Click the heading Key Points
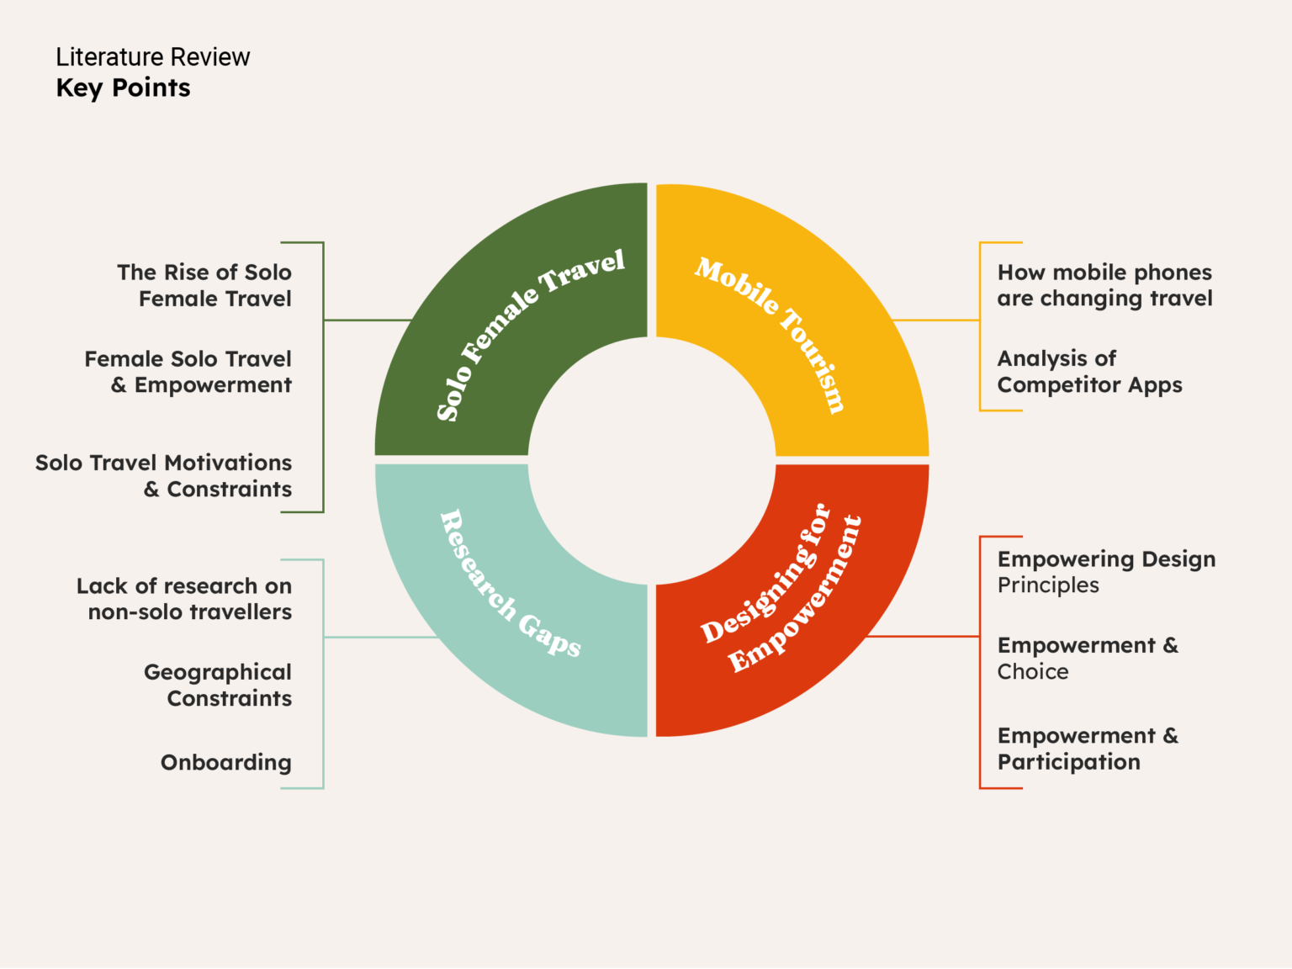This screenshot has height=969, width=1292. tap(123, 88)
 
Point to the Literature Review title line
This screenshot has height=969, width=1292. tap(152, 57)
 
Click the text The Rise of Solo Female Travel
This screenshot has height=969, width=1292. tap(204, 285)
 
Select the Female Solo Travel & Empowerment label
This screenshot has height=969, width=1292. tap(188, 372)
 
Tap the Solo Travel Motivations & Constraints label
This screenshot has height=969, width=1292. tap(164, 475)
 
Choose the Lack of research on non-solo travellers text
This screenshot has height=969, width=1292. tap(184, 599)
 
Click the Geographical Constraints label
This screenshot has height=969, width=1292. tap(218, 685)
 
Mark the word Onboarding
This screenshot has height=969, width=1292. tap(225, 762)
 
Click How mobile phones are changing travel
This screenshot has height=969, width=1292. tap(1104, 285)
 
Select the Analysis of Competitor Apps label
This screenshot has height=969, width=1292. tap(1089, 372)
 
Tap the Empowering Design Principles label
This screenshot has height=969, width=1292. tap(1106, 571)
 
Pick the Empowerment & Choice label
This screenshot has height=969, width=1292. tap(1088, 658)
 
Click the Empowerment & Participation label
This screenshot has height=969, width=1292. tap(1088, 749)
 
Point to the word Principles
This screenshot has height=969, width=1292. tap(1048, 585)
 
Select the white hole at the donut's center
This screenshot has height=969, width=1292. tap(652, 460)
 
